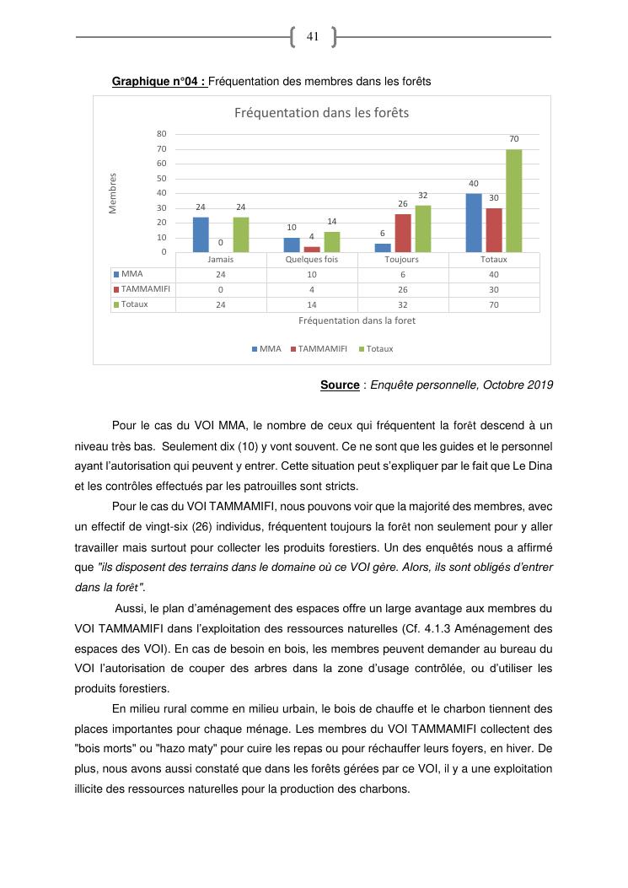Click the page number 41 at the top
[x=312, y=36]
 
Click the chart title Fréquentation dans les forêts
[x=321, y=112]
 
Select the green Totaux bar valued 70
[x=514, y=201]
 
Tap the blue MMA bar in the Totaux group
[x=474, y=223]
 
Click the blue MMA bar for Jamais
[x=201, y=234]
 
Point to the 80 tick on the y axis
[x=161, y=133]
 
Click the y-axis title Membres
[x=113, y=193]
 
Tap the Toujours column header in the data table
[x=402, y=260]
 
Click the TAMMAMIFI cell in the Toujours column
[x=402, y=289]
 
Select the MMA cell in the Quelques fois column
[x=312, y=274]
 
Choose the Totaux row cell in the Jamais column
[x=221, y=304]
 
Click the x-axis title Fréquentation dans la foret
[x=357, y=320]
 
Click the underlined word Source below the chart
[x=340, y=385]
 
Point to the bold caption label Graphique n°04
[x=159, y=82]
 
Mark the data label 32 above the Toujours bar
[x=423, y=195]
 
